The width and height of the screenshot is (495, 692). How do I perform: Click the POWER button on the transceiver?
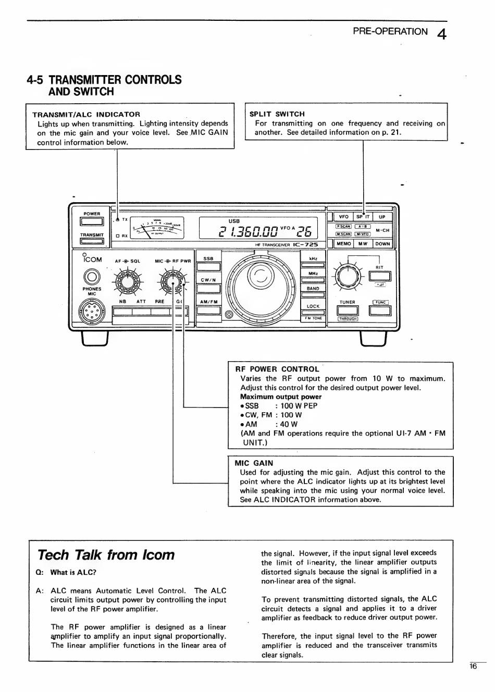92,221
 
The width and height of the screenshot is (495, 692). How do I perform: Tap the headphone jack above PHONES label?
92,277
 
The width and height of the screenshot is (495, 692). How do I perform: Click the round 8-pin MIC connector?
92,311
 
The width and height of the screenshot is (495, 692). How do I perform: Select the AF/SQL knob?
127,281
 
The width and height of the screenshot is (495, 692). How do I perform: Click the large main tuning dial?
261,287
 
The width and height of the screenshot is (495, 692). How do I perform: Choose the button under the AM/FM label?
209,310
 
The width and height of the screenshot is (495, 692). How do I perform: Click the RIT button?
380,276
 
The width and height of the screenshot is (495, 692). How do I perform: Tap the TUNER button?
348,310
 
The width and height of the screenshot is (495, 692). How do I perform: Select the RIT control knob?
348,276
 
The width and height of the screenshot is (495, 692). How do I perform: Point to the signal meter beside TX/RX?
157,227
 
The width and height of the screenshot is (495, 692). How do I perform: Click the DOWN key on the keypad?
382,244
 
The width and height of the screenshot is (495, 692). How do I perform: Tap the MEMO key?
343,244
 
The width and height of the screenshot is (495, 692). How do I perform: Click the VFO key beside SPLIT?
343,217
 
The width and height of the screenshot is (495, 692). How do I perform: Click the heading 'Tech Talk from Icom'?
106,555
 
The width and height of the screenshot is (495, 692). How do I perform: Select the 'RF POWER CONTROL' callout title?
277,369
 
